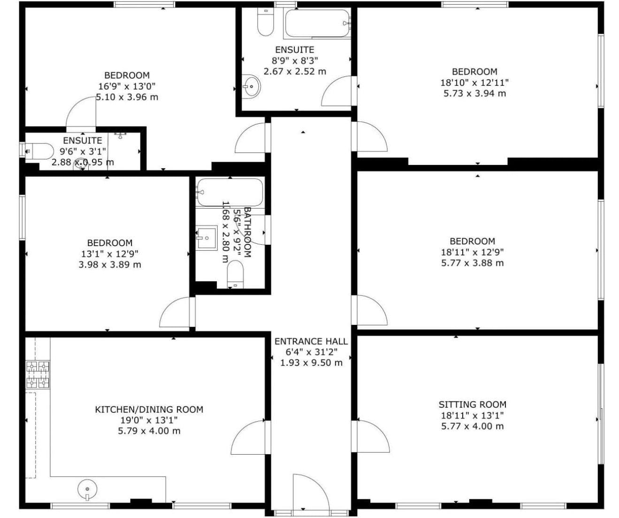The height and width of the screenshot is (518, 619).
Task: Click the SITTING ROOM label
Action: point(472,404)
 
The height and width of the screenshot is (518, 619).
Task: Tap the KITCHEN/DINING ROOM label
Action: point(149,409)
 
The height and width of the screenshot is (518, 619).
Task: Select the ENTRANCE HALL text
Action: point(311,341)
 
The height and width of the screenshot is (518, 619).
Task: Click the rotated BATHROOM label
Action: point(247,232)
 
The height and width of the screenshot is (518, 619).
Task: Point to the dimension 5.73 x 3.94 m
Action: point(474,94)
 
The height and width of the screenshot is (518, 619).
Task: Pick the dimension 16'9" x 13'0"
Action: point(127,86)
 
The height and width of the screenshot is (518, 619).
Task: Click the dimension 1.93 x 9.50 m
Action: point(311,362)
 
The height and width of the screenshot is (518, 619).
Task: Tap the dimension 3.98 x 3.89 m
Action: point(110,264)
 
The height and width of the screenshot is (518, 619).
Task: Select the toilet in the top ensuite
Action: point(265,22)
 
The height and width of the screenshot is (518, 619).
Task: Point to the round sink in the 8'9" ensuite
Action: point(251,86)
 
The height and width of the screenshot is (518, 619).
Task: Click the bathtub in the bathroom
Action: point(230,192)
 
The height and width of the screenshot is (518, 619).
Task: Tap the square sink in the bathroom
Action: point(206,238)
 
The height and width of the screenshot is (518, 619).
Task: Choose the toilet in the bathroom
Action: point(235,274)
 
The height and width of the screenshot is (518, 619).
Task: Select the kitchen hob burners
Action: point(38,375)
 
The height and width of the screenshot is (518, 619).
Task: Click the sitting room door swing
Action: point(373,436)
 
